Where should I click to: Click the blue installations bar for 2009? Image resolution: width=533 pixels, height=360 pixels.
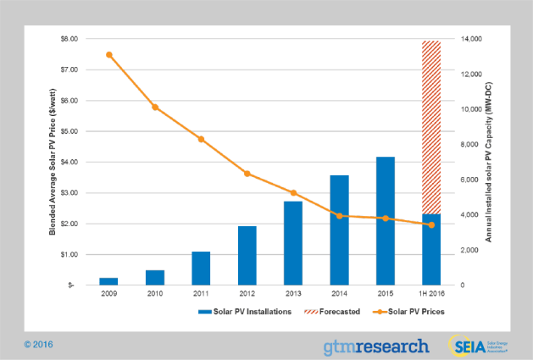[x=108, y=281]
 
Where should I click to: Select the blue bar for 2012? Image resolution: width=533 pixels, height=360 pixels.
[x=247, y=255]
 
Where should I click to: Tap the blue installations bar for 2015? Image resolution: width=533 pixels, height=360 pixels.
[x=385, y=220]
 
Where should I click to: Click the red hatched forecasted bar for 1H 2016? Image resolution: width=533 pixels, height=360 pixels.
[x=431, y=127]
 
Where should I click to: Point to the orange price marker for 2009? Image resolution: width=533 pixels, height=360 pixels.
[x=109, y=54]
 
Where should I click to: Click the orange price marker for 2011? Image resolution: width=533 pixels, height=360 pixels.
[x=201, y=139]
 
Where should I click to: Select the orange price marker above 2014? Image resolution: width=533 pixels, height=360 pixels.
[x=339, y=216]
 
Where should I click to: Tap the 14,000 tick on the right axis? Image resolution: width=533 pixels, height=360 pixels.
[x=471, y=39]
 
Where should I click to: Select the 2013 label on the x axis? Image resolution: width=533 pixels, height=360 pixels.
[x=293, y=294]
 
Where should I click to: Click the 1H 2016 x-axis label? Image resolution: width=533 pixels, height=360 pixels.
[x=431, y=294]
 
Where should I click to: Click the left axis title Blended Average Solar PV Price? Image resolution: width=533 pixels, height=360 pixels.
[x=53, y=161]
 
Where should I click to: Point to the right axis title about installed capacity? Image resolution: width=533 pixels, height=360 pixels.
[x=489, y=161]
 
